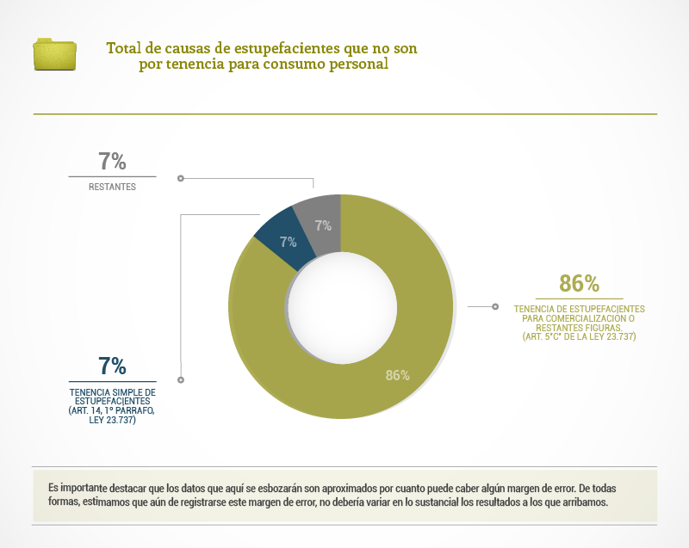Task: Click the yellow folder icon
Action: coord(55,53)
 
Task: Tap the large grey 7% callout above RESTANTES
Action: coord(112,161)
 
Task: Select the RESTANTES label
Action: coord(112,187)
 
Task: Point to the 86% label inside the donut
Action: coord(397,375)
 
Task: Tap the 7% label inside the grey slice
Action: coord(323,225)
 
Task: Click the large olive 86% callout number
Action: coord(579,283)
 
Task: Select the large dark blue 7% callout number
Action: coord(112,366)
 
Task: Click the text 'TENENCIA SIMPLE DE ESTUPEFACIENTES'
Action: coord(112,396)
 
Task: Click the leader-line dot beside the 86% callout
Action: coord(494,306)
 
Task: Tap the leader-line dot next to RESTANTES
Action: coord(180,178)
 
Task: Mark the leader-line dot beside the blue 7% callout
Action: coord(180,379)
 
